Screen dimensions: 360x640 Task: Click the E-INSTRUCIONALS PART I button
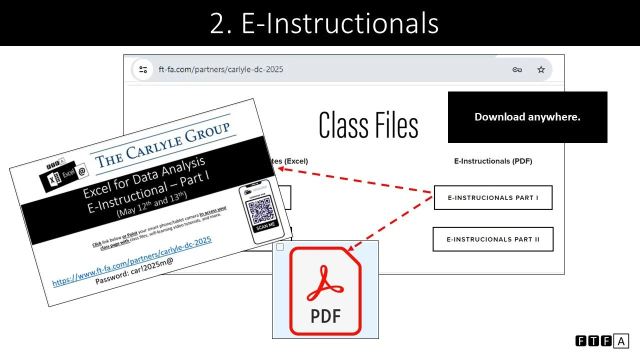[x=492, y=197]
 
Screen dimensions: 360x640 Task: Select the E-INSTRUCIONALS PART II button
[x=492, y=239]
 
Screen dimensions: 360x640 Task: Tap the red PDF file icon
[x=325, y=290]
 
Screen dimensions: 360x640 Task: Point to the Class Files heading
[x=368, y=125]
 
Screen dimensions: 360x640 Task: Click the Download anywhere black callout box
[x=527, y=117]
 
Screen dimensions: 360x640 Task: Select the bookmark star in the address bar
[x=541, y=69]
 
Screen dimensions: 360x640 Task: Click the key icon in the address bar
[x=517, y=69]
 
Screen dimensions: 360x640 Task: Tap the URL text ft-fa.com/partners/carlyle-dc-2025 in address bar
[x=220, y=69]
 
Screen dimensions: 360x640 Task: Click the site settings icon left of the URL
[x=143, y=69]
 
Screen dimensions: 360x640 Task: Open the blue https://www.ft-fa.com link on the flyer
[x=132, y=261]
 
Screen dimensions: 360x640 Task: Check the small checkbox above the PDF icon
[x=280, y=247]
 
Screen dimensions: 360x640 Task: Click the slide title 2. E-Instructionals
[x=324, y=23]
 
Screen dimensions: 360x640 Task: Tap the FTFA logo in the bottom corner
[x=601, y=341]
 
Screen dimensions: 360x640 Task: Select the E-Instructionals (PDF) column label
[x=492, y=161]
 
